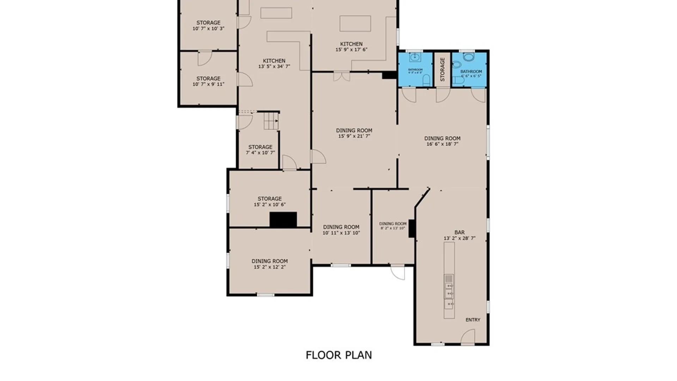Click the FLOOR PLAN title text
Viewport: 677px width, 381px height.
338,355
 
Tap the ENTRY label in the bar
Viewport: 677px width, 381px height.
472,320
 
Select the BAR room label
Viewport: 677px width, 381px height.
459,232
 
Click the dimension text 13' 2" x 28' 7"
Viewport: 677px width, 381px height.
459,238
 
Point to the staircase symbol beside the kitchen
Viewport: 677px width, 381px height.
271,121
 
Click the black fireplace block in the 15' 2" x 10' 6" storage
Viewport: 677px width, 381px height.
283,219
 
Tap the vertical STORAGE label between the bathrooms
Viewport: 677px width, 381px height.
442,69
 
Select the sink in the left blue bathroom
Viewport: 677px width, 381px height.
415,57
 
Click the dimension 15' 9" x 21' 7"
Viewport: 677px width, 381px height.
354,136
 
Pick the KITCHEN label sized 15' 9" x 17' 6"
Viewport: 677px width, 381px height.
351,44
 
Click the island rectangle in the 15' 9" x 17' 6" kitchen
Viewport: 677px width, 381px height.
355,23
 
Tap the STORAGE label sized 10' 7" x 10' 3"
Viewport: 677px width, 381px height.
208,23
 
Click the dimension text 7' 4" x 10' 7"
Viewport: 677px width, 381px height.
260,153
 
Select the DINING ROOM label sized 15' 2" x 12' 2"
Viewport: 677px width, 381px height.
269,261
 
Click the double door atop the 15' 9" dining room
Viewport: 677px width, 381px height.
342,76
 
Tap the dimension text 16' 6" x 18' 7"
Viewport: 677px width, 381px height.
442,144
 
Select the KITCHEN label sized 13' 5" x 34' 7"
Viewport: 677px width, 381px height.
274,61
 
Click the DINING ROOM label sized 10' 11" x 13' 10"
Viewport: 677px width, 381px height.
341,227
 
